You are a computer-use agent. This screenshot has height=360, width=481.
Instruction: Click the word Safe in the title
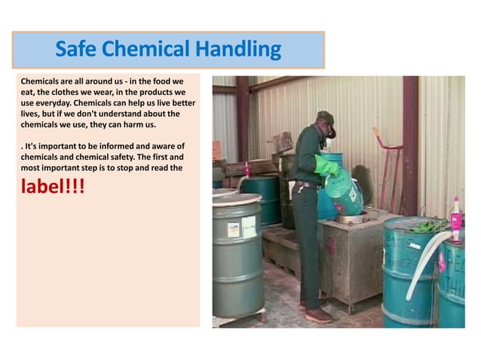click(x=74, y=50)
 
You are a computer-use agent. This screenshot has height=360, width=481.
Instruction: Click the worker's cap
click(x=325, y=117)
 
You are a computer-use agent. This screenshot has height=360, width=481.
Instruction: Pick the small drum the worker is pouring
click(x=345, y=192)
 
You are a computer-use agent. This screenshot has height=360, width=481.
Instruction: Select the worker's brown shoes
click(x=317, y=313)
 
